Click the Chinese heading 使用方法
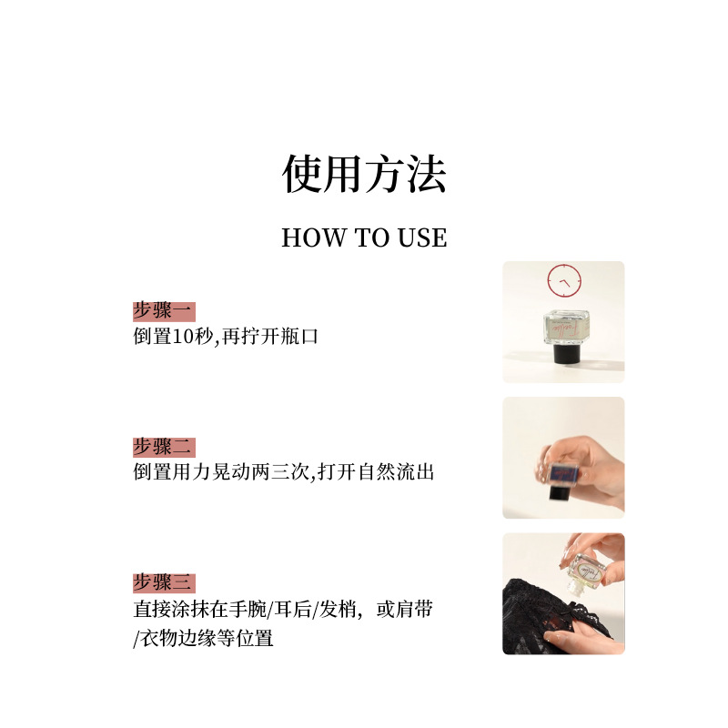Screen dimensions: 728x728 click(365, 174)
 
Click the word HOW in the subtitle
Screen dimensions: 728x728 click(314, 238)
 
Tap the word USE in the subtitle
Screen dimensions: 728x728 click(422, 238)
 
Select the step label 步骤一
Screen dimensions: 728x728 click(162, 311)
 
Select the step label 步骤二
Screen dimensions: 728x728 click(162, 447)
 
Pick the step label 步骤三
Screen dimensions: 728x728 click(162, 583)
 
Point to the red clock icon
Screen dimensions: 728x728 click(564, 281)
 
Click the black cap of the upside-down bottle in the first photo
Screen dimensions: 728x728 click(566, 353)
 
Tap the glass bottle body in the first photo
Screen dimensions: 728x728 click(566, 327)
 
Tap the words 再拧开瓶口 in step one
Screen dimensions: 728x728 click(270, 337)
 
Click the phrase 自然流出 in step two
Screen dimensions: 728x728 click(396, 472)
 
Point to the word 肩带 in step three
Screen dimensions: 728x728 click(415, 609)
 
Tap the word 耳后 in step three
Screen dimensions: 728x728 click(292, 609)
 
